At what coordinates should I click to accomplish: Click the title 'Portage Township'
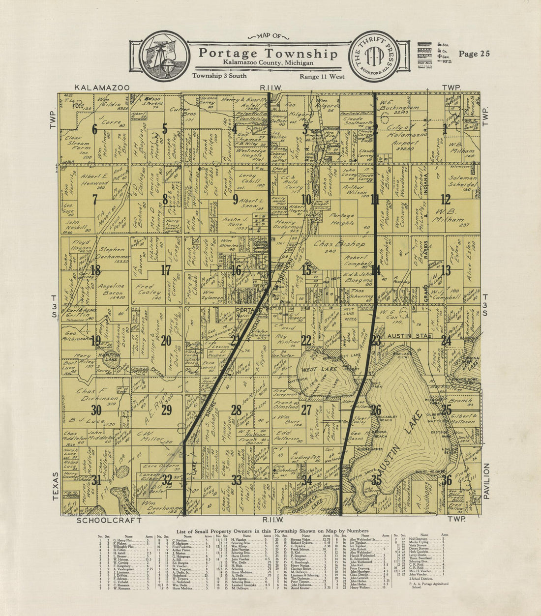pyautogui.click(x=268, y=53)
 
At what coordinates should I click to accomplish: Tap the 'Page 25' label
pyautogui.click(x=474, y=54)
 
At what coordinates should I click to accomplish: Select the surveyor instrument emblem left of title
pyautogui.click(x=165, y=55)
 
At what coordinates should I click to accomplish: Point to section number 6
pyautogui.click(x=94, y=129)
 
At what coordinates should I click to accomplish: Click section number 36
pyautogui.click(x=446, y=480)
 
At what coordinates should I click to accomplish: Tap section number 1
pyautogui.click(x=445, y=129)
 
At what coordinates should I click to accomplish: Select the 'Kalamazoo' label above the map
pyautogui.click(x=102, y=88)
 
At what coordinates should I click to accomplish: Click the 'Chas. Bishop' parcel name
pyautogui.click(x=339, y=244)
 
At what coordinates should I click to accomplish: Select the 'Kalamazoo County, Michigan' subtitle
pyautogui.click(x=268, y=63)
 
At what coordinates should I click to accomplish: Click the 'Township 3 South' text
pyautogui.click(x=219, y=76)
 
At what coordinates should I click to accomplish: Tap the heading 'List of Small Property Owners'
pyautogui.click(x=272, y=531)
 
